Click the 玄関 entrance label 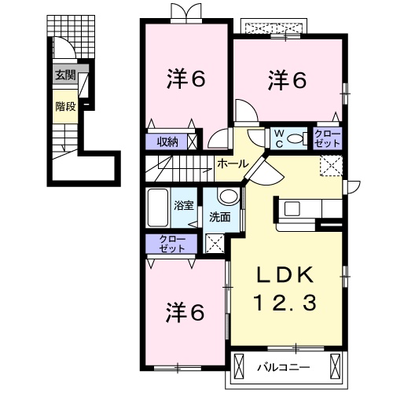click(x=65, y=75)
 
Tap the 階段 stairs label click(x=65, y=107)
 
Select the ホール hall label click(x=233, y=164)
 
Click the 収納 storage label click(x=167, y=142)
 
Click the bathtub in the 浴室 click(x=157, y=208)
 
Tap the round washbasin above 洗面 click(x=229, y=196)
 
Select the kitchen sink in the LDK click(x=292, y=208)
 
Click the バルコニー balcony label click(x=283, y=367)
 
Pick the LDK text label click(x=285, y=275)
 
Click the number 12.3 click(x=285, y=303)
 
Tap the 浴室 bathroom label click(x=184, y=206)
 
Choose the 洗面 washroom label click(x=219, y=217)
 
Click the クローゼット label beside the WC click(x=328, y=139)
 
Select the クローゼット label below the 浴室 click(x=172, y=244)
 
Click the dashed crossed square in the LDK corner click(x=331, y=165)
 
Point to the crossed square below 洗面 click(x=215, y=244)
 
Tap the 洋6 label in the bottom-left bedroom click(x=185, y=313)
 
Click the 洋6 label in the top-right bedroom click(x=288, y=80)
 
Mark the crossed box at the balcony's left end click(x=238, y=365)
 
